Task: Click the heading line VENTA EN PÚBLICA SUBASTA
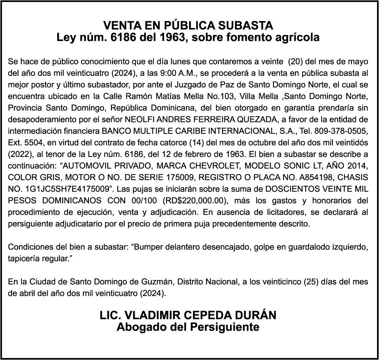coord(188,25)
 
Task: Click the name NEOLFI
coord(139,120)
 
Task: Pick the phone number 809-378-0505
coord(342,131)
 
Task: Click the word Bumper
coord(151,247)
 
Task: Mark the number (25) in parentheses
coord(311,282)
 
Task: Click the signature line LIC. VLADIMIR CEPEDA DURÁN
coord(188,315)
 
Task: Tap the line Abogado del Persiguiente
coord(188,327)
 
